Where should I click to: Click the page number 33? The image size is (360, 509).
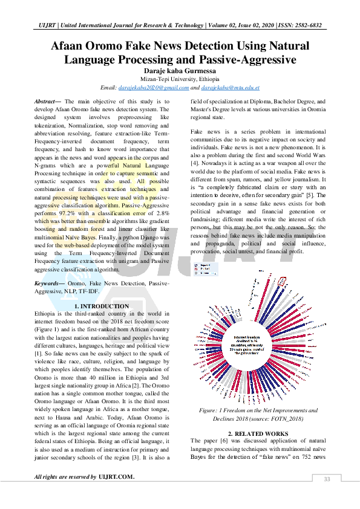pyautogui.click(x=327, y=479)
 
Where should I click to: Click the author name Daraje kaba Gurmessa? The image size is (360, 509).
pyautogui.click(x=180, y=71)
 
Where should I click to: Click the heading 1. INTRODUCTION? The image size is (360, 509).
pyautogui.click(x=102, y=306)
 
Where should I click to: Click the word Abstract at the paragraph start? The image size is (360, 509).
pyautogui.click(x=47, y=102)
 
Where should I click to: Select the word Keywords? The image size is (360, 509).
pyautogui.click(x=48, y=282)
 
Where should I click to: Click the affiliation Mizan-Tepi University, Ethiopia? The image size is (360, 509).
pyautogui.click(x=180, y=79)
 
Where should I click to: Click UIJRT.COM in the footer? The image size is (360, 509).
pyautogui.click(x=116, y=478)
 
